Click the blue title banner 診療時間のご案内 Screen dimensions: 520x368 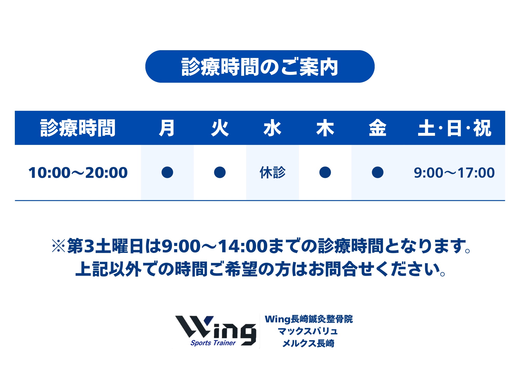[x=260, y=67]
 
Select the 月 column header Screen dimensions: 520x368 [x=167, y=128]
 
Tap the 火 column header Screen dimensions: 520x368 [x=220, y=128]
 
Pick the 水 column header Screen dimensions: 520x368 [x=272, y=128]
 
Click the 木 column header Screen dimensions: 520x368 [x=325, y=128]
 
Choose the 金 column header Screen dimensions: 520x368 [x=378, y=128]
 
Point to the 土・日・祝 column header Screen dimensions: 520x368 [x=454, y=128]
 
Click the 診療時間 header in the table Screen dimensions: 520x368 [x=78, y=128]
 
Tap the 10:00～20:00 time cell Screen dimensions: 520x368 [x=78, y=173]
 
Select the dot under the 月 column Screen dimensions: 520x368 [x=167, y=172]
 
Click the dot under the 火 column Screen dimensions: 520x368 [x=220, y=172]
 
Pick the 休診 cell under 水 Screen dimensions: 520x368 [x=272, y=172]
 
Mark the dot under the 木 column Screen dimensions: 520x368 [x=325, y=172]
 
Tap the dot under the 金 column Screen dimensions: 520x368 [x=378, y=172]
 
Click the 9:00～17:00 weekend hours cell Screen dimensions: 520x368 [x=454, y=173]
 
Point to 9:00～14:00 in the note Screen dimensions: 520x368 [x=215, y=246]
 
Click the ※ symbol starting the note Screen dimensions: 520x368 [x=59, y=246]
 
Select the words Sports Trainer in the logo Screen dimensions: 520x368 [x=213, y=343]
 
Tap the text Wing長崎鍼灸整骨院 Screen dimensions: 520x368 [x=309, y=319]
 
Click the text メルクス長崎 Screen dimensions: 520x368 [x=309, y=343]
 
